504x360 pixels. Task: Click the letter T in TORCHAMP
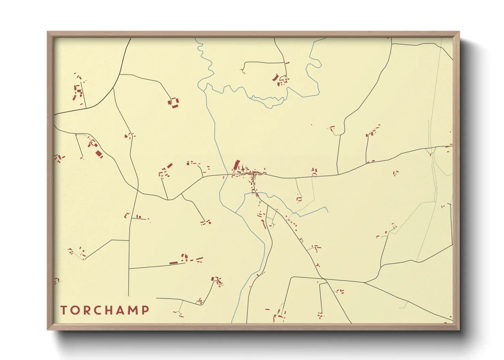(64, 310)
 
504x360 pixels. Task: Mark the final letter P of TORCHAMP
(145, 310)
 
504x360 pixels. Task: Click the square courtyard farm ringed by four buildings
(174, 102)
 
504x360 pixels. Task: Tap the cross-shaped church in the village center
(243, 169)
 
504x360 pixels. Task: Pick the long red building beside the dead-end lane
(174, 263)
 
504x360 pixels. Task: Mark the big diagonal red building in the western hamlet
(99, 154)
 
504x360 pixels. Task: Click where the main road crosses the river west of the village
(227, 175)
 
